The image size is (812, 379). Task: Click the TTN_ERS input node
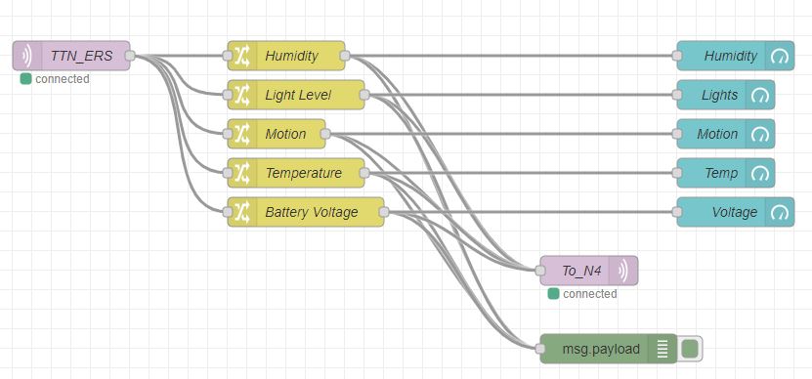73,56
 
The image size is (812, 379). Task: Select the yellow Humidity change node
290,56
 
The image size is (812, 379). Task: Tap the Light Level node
298,95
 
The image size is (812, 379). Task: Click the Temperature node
302,173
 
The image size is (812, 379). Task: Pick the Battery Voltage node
311,212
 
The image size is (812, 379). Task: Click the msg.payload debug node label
601,349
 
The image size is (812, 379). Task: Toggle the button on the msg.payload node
691,349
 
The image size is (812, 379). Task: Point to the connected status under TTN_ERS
56,78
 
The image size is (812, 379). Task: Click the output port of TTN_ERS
130,56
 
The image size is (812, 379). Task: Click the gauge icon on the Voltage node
779,212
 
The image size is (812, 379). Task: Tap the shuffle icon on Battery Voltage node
241,212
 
